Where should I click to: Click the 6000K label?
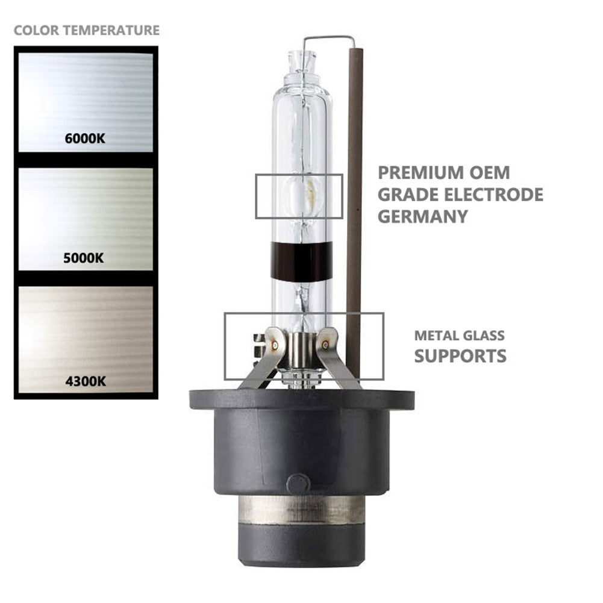(85, 139)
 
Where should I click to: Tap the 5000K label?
(84, 258)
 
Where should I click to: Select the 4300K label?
(84, 381)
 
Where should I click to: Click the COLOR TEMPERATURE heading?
(87, 30)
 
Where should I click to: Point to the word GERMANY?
(423, 216)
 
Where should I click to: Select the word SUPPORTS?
(460, 355)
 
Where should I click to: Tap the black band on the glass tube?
(301, 261)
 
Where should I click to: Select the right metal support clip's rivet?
(326, 345)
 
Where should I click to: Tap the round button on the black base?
(298, 483)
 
